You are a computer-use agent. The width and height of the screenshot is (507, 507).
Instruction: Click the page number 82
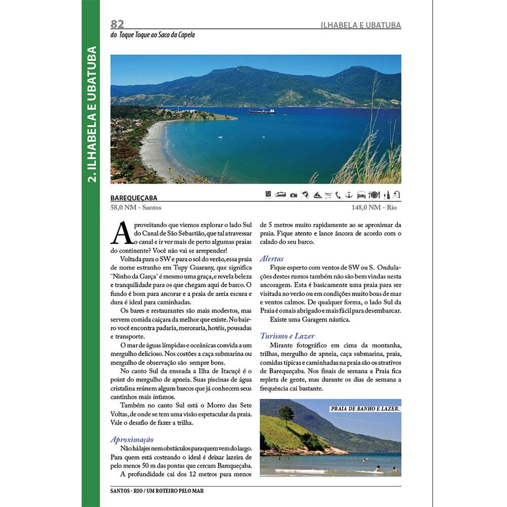(x=118, y=24)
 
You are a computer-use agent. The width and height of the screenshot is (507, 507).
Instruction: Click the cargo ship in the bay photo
(x=262, y=111)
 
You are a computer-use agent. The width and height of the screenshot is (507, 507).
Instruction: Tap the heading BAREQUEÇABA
(x=134, y=198)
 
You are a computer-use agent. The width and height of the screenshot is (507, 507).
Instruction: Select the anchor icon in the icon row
(x=349, y=194)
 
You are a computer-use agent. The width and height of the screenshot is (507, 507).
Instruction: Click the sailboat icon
(x=317, y=195)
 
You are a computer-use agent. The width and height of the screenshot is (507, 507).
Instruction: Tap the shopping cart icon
(x=328, y=195)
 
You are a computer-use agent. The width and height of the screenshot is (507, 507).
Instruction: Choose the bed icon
(x=361, y=195)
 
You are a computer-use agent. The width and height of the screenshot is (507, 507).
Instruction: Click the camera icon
(x=294, y=195)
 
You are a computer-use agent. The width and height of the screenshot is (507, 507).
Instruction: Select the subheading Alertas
(x=272, y=259)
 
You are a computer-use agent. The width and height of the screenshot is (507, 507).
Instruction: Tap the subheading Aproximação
(x=132, y=440)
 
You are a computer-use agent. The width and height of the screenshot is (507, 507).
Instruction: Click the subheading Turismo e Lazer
(x=287, y=336)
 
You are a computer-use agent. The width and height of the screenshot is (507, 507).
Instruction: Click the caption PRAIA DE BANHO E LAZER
(x=365, y=408)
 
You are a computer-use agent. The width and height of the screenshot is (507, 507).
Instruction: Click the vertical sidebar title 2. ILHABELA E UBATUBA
(x=91, y=114)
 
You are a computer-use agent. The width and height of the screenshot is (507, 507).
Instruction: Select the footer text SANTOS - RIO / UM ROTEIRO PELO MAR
(x=157, y=491)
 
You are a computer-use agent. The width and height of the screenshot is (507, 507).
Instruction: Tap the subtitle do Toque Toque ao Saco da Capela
(x=153, y=35)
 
